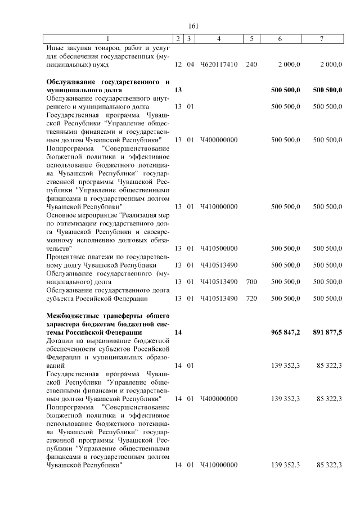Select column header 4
[x=218, y=39]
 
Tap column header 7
[x=321, y=39]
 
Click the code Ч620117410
[x=218, y=65]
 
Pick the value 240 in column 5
[x=251, y=65]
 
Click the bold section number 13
[x=178, y=90]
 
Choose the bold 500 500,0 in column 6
[x=285, y=90]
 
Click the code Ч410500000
[x=218, y=248]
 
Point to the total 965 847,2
[x=285, y=332]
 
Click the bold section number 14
[x=178, y=332]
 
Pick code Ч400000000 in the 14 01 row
[x=218, y=398]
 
